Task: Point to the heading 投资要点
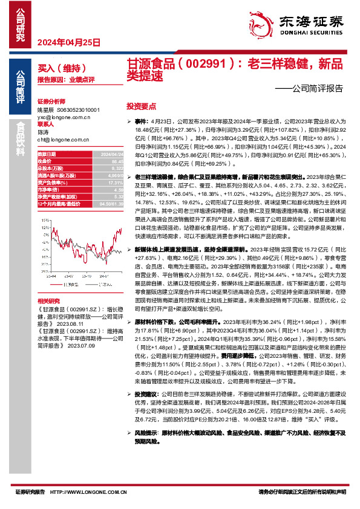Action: (x=141, y=105)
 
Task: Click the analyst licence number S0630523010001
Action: (x=78, y=110)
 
